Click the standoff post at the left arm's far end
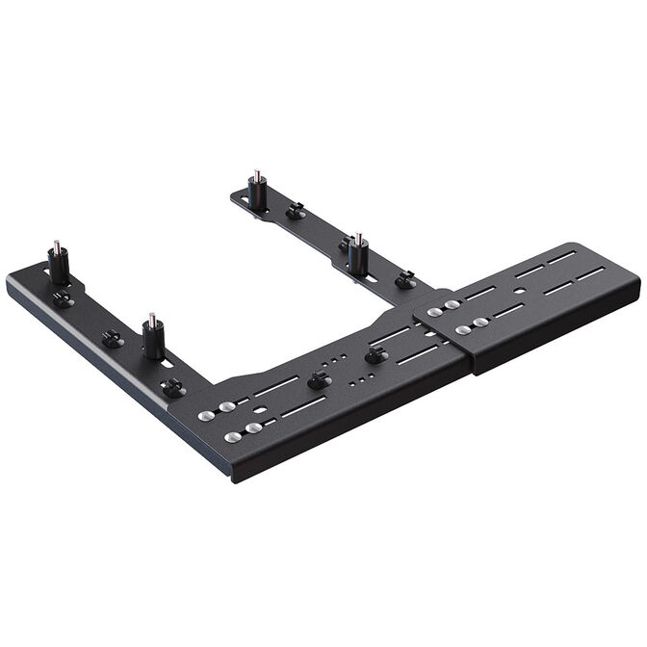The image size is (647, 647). click(x=58, y=265)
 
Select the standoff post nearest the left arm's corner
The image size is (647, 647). click(x=152, y=338)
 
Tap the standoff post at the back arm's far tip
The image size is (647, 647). click(x=257, y=191)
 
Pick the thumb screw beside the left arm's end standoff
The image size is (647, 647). click(x=63, y=299)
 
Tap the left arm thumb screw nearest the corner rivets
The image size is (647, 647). click(x=172, y=387)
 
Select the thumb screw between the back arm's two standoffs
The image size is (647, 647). click(x=296, y=209)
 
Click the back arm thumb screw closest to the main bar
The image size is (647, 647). click(x=405, y=279)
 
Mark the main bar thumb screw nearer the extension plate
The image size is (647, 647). click(x=375, y=355)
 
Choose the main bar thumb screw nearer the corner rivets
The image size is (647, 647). click(x=318, y=379)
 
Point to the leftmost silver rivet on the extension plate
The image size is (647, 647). click(x=436, y=311)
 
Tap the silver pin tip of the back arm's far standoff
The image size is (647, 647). click(x=256, y=174)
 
